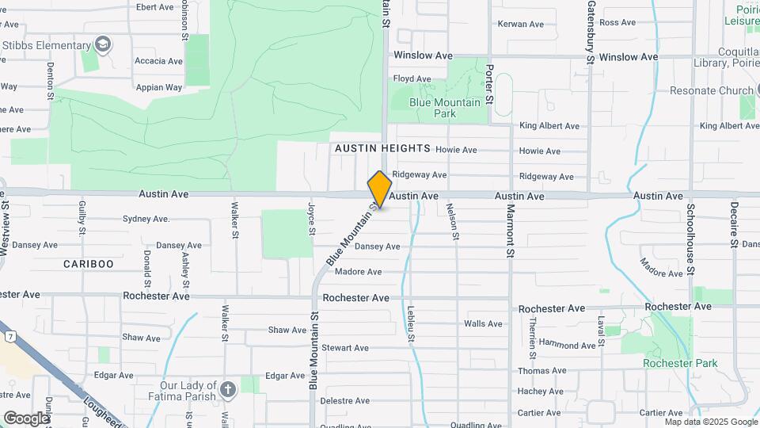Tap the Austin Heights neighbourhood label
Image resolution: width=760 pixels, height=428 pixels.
382,148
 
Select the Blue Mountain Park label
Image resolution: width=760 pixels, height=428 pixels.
444,108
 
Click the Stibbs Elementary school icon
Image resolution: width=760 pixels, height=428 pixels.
102,44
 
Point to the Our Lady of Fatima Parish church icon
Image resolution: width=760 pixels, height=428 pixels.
228,389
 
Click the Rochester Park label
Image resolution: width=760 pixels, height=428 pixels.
680,363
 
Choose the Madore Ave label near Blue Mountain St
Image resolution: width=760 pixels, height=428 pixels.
358,272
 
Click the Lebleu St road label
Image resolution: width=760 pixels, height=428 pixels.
412,325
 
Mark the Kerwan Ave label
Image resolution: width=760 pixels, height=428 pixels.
520,24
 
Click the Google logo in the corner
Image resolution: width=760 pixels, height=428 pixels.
25,418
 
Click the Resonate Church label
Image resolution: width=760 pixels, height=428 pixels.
712,90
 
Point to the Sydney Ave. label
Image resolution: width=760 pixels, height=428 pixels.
146,218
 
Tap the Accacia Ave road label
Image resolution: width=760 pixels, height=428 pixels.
159,61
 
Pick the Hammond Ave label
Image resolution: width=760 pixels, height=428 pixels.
567,345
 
